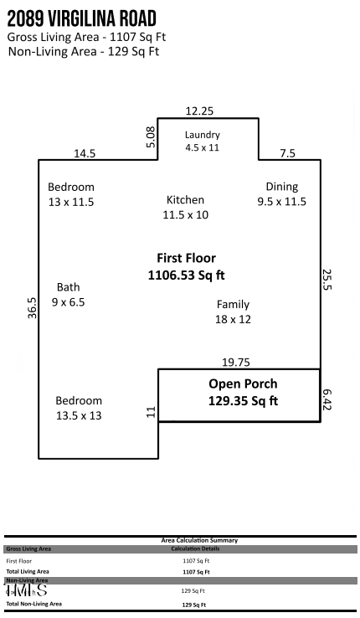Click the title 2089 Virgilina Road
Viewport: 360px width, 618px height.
81,19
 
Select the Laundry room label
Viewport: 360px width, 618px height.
202,141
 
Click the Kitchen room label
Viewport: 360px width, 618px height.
185,207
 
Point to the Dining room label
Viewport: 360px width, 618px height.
281,193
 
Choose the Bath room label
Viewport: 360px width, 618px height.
69,294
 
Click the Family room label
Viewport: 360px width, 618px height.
233,312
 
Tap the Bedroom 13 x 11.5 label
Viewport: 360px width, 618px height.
70,194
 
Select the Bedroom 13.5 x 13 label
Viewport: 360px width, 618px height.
79,408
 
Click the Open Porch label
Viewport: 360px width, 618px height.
243,392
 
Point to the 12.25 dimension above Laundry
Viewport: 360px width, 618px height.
199,111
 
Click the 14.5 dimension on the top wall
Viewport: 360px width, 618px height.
85,153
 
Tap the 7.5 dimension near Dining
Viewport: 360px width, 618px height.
287,153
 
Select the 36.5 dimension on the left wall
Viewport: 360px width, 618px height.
32,307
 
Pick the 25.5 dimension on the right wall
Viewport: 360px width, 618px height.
327,280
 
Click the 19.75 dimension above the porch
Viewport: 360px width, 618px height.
236,362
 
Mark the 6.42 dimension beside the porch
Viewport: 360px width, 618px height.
327,398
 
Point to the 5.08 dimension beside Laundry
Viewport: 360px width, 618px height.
151,137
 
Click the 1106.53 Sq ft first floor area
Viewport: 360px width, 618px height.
186,275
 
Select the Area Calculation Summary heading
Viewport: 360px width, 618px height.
199,541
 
